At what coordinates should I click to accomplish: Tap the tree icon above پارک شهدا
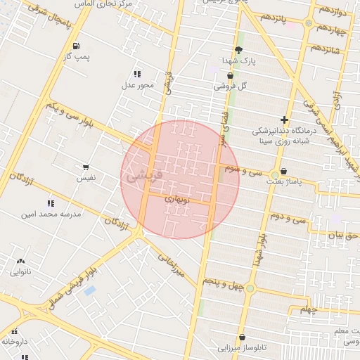(238, 50)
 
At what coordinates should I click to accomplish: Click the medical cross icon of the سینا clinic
(284, 120)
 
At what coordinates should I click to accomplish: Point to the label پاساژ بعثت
(283, 181)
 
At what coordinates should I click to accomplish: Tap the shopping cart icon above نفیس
(86, 167)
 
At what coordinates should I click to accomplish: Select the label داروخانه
(14, 341)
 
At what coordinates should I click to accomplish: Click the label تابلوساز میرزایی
(242, 347)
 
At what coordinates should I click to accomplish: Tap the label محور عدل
(137, 85)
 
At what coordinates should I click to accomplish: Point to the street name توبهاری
(177, 200)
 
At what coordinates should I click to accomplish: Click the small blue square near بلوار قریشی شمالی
(89, 291)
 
